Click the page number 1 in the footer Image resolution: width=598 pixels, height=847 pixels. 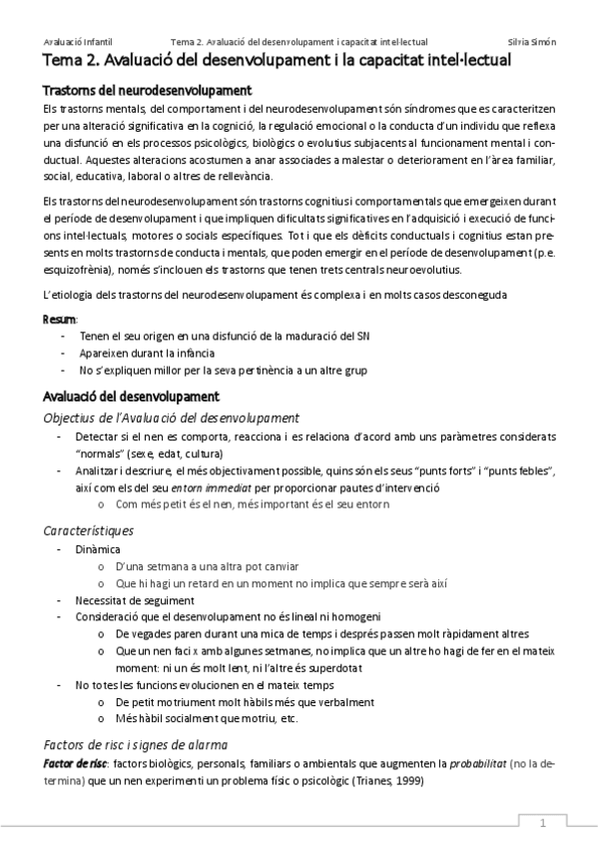point(543,823)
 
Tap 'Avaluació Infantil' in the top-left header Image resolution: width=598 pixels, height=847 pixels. point(77,42)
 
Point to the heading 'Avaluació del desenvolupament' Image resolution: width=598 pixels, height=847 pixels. point(131,397)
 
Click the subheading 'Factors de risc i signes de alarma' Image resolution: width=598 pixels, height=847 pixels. point(136,744)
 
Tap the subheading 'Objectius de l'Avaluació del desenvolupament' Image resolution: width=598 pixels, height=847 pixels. point(159,417)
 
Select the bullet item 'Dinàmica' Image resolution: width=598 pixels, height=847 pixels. point(97,549)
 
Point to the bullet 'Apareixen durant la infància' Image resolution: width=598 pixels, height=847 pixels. point(143,353)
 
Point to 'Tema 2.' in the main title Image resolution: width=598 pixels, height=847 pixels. point(72,61)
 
